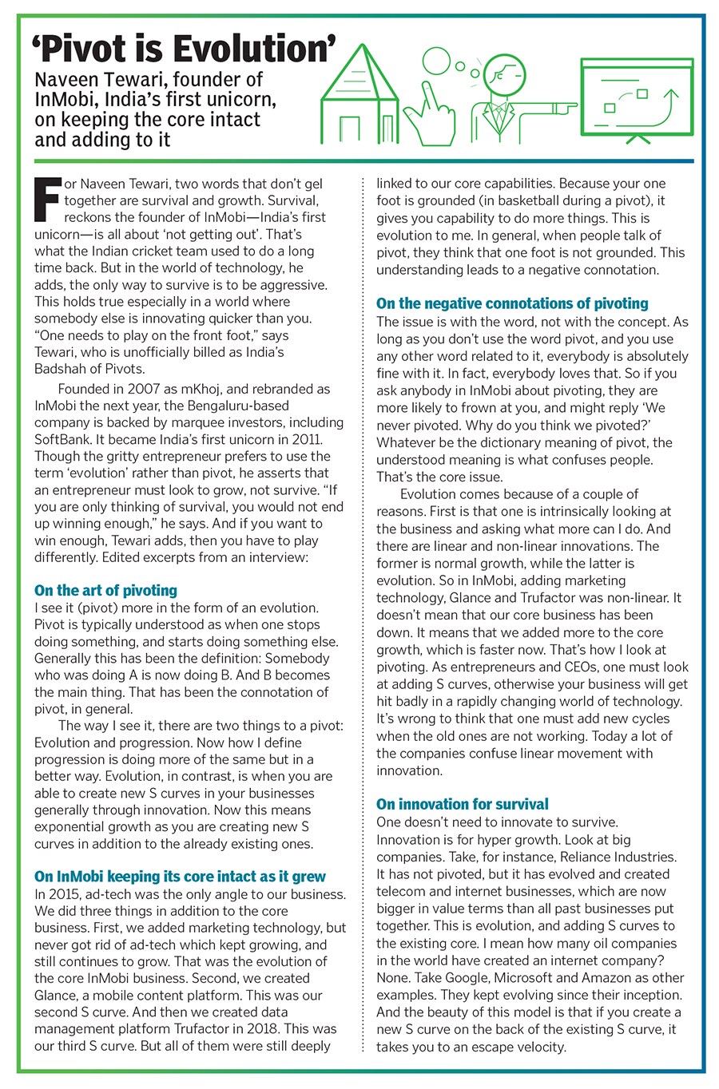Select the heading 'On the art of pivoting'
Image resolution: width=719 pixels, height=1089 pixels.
pyautogui.click(x=105, y=590)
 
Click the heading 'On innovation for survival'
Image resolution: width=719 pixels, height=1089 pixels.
pyautogui.click(x=463, y=804)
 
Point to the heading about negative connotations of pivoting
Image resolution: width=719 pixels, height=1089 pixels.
pyautogui.click(x=512, y=303)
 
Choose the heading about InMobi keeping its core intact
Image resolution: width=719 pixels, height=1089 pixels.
pyautogui.click(x=180, y=877)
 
